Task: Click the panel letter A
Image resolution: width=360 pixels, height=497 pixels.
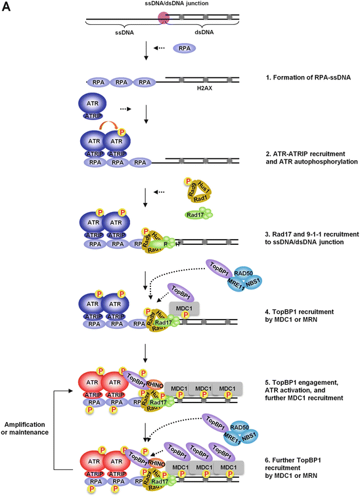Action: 9,10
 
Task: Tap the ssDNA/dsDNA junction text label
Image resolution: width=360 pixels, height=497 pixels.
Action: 164,5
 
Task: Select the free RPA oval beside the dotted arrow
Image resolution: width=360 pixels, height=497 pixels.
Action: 185,49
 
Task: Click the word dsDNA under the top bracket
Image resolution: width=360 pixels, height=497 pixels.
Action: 202,31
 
